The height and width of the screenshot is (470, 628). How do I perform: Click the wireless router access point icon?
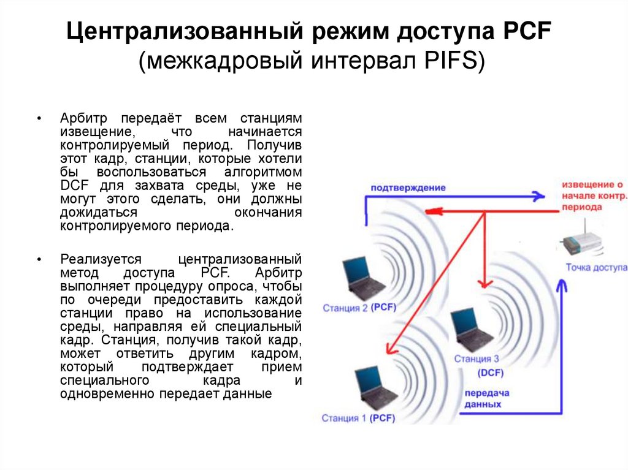pyautogui.click(x=580, y=241)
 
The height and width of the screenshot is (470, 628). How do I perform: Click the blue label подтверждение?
pyautogui.click(x=407, y=188)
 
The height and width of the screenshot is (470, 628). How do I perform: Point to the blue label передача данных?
pyautogui.click(x=483, y=399)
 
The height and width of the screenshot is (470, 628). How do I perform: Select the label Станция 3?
pyautogui.click(x=477, y=359)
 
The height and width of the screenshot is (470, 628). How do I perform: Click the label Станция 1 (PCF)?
pyautogui.click(x=358, y=419)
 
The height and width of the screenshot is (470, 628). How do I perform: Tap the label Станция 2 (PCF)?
pyautogui.click(x=359, y=308)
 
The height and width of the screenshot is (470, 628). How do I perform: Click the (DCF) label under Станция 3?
pyautogui.click(x=491, y=373)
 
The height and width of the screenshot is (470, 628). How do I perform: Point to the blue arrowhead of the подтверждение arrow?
pyautogui.click(x=538, y=197)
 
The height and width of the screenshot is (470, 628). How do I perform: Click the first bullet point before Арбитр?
pyautogui.click(x=39, y=118)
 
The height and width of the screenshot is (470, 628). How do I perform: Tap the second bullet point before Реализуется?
pyautogui.click(x=39, y=260)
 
